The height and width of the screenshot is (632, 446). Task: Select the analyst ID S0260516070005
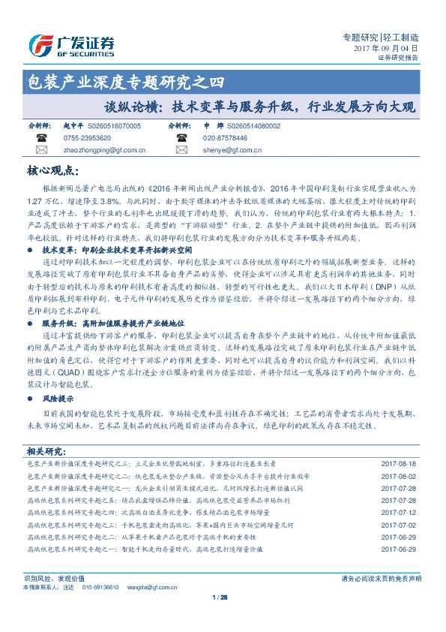[x=114, y=127]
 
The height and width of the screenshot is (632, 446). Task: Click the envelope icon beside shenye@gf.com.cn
[x=181, y=150]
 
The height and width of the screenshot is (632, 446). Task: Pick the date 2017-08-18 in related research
[x=398, y=465]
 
